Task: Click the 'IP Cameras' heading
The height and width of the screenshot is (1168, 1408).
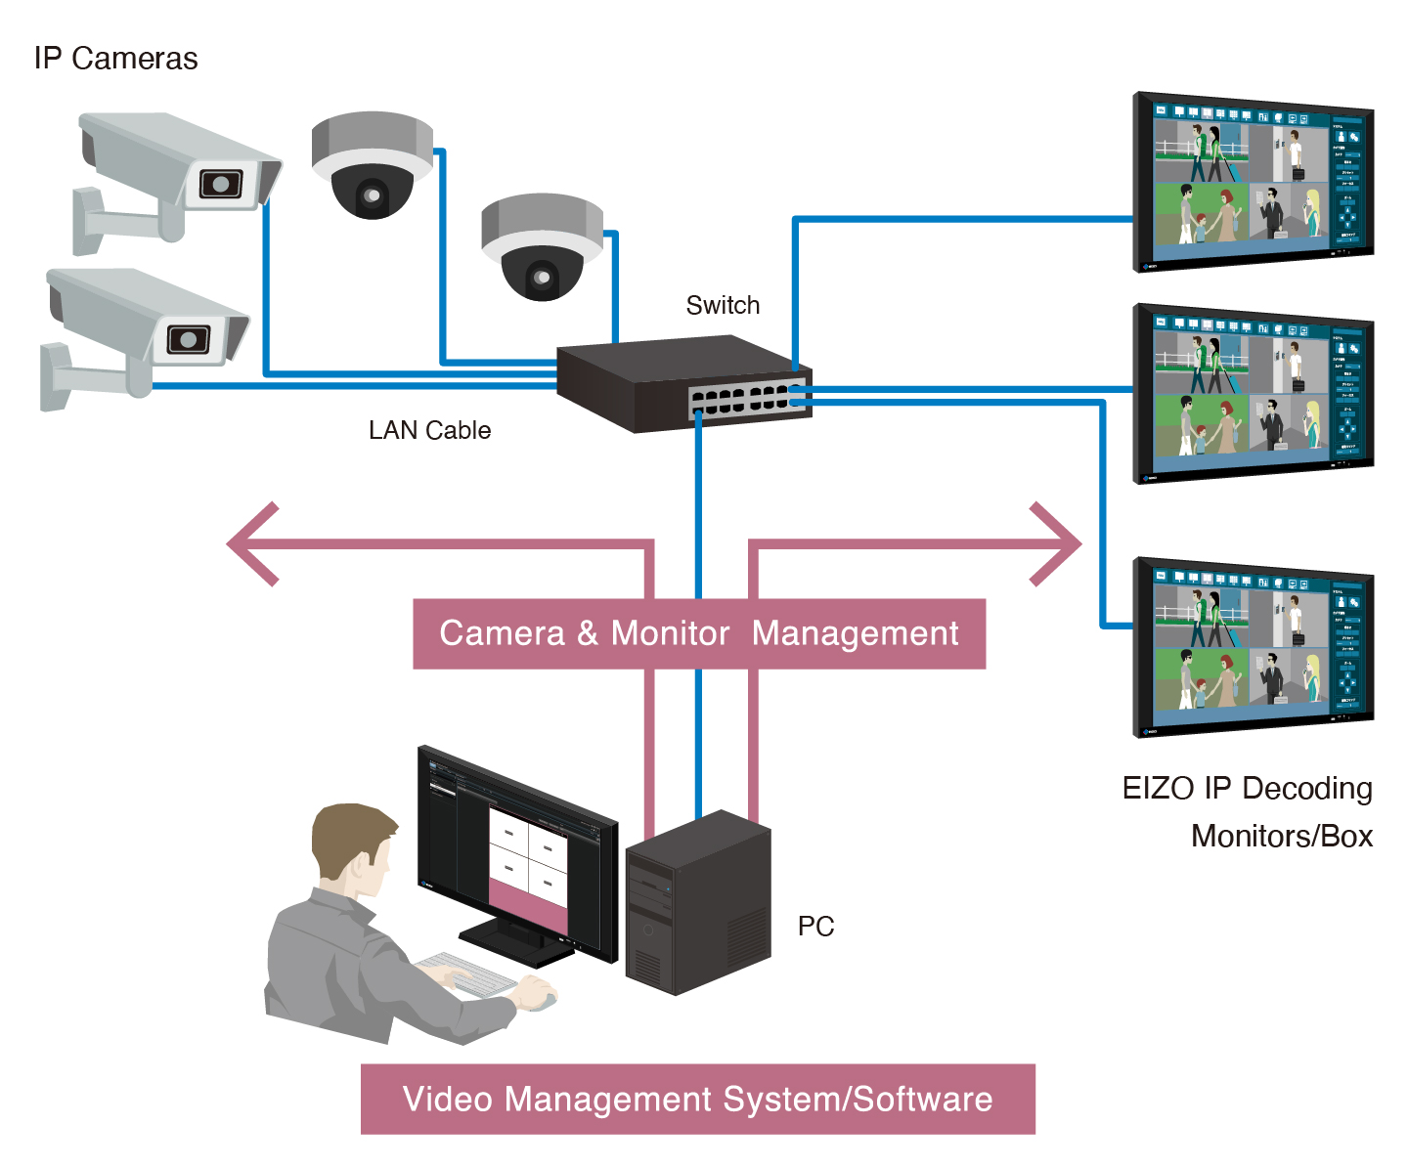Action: click(x=115, y=59)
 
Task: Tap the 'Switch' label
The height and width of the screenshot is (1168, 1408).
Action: click(x=723, y=306)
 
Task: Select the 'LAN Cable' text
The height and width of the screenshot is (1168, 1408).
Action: click(x=429, y=431)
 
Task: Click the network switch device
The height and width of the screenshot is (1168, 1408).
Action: click(x=684, y=383)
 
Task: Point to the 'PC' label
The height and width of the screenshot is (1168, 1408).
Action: click(x=815, y=927)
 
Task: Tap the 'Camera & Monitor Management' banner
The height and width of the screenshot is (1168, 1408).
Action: click(x=698, y=633)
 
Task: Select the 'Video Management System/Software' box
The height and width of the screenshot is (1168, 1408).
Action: click(x=697, y=1100)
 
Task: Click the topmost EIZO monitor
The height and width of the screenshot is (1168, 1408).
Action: click(x=1254, y=183)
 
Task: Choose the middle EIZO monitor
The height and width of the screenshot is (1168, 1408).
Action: click(x=1254, y=394)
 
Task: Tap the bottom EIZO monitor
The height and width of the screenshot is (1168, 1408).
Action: click(x=1254, y=648)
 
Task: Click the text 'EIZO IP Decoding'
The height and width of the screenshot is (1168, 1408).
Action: click(x=1247, y=789)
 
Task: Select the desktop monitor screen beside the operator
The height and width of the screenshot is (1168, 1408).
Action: click(x=518, y=850)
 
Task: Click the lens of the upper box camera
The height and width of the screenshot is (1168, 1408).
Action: click(x=221, y=184)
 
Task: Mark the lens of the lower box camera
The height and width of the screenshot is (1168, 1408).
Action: click(x=188, y=340)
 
